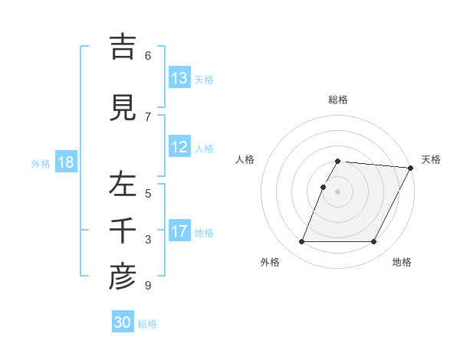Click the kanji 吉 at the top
point(123,47)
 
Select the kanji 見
point(123,108)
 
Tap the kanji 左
point(123,185)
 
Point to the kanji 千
point(123,232)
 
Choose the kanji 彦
point(123,278)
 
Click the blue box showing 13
point(179,78)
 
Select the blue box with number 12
point(179,147)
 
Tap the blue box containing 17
point(179,231)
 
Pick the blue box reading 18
point(65,162)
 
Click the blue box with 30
point(123,322)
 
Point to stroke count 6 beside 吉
point(148,56)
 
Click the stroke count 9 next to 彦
point(148,286)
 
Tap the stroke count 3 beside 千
point(148,240)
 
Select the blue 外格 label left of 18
point(40,163)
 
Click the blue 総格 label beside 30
point(147,324)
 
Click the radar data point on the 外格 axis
point(301,242)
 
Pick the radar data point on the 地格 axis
point(374,242)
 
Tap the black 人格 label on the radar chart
point(245,159)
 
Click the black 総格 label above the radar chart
point(338,100)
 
